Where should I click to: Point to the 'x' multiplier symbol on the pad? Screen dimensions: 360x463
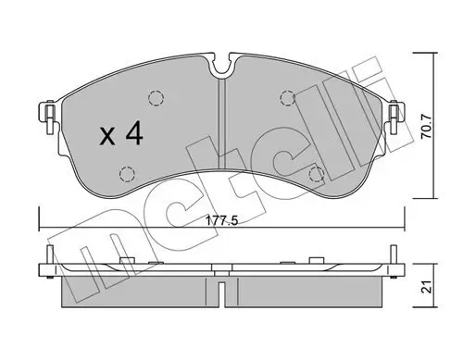106,139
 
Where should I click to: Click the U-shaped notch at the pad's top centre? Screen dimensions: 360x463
219,65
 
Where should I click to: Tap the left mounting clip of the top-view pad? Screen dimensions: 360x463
42,114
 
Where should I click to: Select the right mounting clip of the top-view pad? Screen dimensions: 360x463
396,114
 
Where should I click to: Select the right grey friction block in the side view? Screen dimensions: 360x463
306,291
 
